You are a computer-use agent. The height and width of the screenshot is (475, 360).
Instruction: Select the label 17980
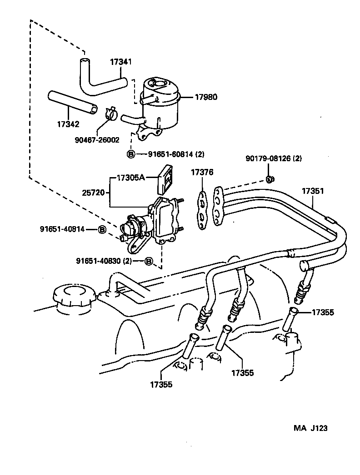[206, 97]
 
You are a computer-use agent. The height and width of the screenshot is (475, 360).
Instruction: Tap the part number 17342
[69, 124]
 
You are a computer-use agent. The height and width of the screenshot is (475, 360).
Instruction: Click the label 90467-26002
[98, 141]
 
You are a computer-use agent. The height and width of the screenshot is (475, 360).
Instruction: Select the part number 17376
[201, 172]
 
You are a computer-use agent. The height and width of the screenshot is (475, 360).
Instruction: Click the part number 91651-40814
[62, 229]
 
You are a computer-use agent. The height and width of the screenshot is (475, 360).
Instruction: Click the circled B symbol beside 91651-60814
[131, 154]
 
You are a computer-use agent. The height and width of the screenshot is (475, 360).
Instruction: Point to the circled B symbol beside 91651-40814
[102, 229]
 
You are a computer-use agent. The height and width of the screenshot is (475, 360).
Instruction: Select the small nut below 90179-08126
[269, 178]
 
